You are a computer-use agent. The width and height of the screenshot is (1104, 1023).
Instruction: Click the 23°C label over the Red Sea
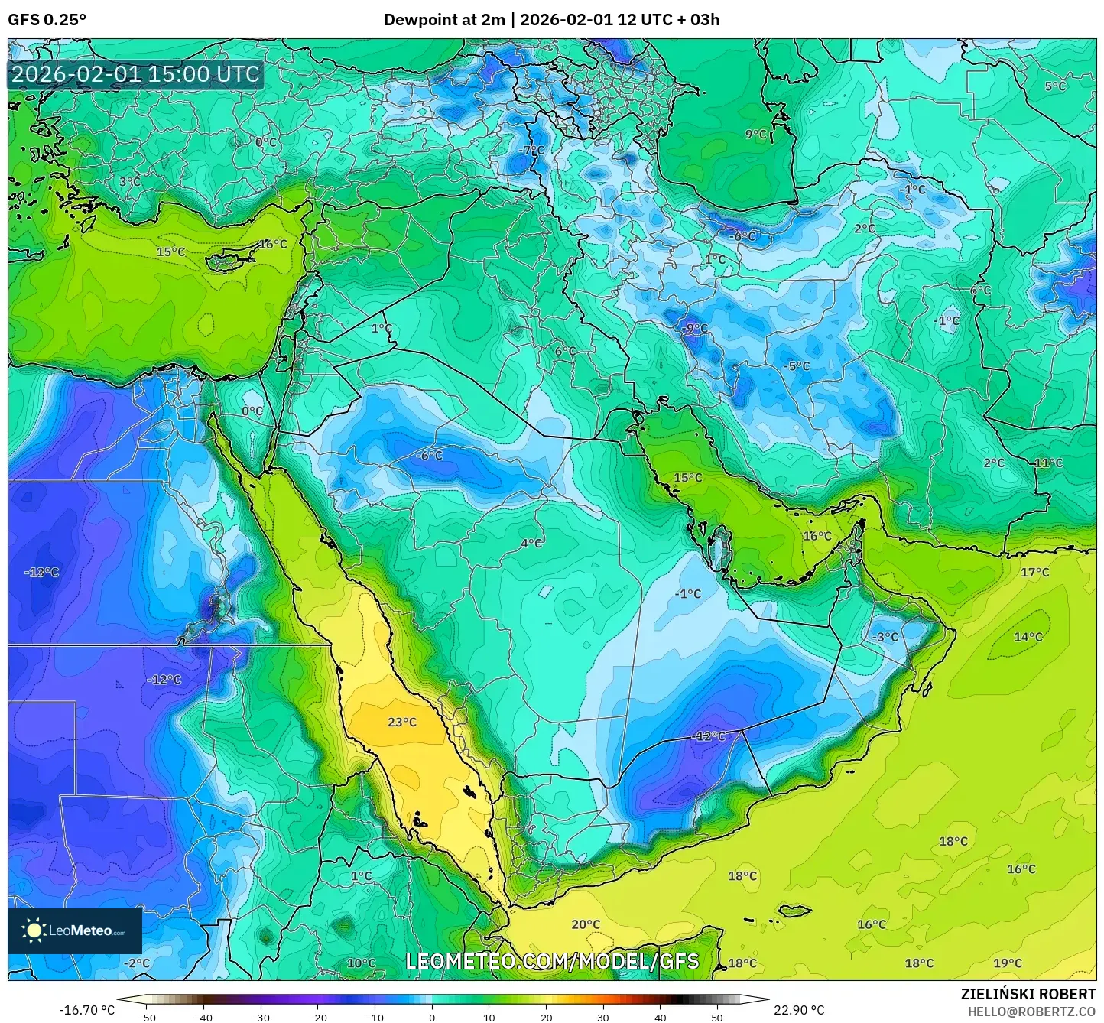coord(402,722)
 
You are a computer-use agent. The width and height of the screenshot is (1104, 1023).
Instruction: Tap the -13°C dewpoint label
coord(42,572)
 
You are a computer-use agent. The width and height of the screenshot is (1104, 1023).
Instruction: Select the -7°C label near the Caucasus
coord(531,151)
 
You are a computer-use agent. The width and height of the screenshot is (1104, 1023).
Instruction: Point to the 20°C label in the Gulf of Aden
coord(586,924)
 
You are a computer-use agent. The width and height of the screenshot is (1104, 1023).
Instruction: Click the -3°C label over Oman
coord(885,637)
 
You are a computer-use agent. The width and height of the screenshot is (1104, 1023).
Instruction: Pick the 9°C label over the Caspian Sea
coord(756,134)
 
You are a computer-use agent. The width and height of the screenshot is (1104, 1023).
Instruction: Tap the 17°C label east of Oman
coord(1035,572)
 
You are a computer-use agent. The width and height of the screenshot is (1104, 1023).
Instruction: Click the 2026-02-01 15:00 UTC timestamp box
coord(135,74)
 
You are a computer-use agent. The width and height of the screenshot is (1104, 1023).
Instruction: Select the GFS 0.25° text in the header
coord(47,20)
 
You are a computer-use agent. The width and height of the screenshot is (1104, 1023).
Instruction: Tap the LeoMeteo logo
coord(75,930)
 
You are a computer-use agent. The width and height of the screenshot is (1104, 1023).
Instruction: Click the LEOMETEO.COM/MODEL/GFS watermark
coord(552,961)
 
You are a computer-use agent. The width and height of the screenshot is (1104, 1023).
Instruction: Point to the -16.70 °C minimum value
coord(86,1010)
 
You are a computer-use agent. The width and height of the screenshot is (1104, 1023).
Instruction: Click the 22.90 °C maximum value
coord(799,1010)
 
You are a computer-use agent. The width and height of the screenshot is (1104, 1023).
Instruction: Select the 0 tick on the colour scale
coord(432,1017)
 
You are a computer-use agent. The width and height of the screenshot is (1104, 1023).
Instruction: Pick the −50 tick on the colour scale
coord(146,1017)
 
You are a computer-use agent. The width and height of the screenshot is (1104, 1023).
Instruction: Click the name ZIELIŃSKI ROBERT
coord(1028,994)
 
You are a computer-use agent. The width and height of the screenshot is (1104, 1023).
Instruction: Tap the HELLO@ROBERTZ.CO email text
coord(1031,1011)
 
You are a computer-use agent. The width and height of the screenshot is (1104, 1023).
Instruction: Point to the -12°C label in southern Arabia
coord(709,736)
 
